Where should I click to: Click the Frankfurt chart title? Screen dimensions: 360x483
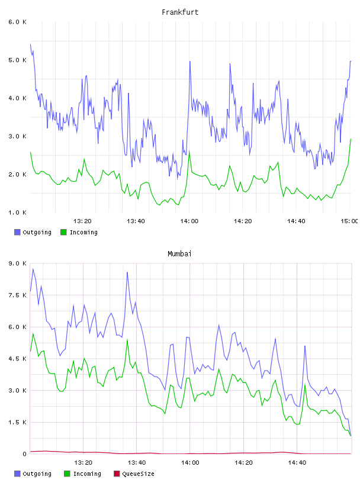point(180,12)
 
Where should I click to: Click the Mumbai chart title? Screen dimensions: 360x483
point(179,254)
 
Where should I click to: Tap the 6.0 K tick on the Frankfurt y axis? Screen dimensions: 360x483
point(17,22)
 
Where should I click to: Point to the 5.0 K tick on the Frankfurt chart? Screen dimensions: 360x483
point(17,60)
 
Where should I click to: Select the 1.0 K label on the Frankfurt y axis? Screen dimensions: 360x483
point(17,212)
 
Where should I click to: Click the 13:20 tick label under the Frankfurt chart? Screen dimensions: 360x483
point(82,221)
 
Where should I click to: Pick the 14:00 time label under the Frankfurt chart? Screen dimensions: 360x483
point(189,221)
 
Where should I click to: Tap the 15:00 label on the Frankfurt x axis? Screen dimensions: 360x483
point(349,221)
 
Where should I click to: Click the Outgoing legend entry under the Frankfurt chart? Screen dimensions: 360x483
point(33,232)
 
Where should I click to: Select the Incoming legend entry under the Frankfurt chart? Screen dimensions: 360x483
point(79,232)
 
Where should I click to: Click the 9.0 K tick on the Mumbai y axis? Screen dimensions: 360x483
point(17,263)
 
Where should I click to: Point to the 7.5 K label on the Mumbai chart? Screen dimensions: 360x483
point(17,295)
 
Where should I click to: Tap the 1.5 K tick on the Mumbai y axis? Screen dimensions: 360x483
point(17,422)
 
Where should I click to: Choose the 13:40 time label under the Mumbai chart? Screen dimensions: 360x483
point(137,462)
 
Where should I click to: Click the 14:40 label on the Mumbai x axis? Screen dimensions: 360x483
point(297,462)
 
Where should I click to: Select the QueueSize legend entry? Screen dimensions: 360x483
point(134,474)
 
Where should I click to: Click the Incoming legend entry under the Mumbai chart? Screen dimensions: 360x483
point(82,474)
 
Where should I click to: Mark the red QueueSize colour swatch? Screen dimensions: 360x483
point(117,474)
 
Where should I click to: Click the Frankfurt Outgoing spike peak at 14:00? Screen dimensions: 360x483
point(190,62)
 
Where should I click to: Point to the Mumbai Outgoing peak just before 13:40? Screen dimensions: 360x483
point(127,272)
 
